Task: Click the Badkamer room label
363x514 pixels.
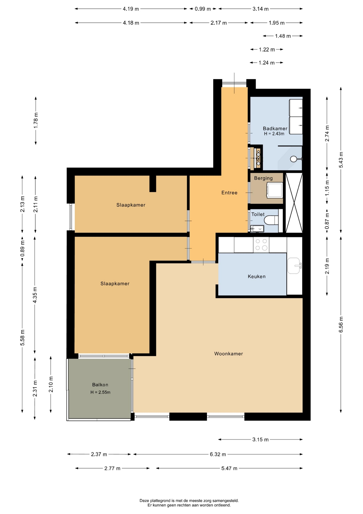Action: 275,128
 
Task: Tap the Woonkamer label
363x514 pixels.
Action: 229,354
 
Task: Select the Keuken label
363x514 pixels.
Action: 257,277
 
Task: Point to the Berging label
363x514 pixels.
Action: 263,178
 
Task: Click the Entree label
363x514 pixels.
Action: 229,193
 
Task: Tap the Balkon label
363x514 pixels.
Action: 100,385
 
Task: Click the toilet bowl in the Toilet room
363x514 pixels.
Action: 271,221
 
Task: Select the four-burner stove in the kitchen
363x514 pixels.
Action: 261,244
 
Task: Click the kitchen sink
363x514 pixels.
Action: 294,266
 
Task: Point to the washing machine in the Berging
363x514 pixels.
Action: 275,190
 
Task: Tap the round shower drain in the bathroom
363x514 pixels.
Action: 294,159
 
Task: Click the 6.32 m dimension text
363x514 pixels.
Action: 218,454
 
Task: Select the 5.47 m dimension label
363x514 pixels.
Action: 229,468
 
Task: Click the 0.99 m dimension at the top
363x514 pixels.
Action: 203,9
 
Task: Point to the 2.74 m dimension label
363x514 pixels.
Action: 327,133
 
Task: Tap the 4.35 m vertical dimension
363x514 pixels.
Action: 35,295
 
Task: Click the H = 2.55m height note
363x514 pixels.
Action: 100,392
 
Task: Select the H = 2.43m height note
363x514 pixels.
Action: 274,134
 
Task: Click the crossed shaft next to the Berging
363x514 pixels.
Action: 294,203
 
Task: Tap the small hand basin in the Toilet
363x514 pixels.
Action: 257,229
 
